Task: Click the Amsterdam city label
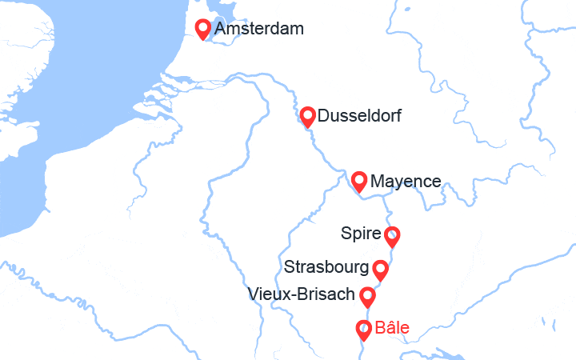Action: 259,30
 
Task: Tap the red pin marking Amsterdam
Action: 204,28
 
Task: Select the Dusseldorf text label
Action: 359,116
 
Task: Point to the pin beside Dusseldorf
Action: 307,116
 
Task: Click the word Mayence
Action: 406,182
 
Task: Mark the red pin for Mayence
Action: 359,181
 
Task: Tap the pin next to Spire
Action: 391,236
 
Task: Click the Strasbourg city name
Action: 326,266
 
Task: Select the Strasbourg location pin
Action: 381,269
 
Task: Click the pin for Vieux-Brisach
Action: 367,296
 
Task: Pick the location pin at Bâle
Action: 363,328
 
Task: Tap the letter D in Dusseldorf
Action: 323,116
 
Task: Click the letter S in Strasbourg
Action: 289,266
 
